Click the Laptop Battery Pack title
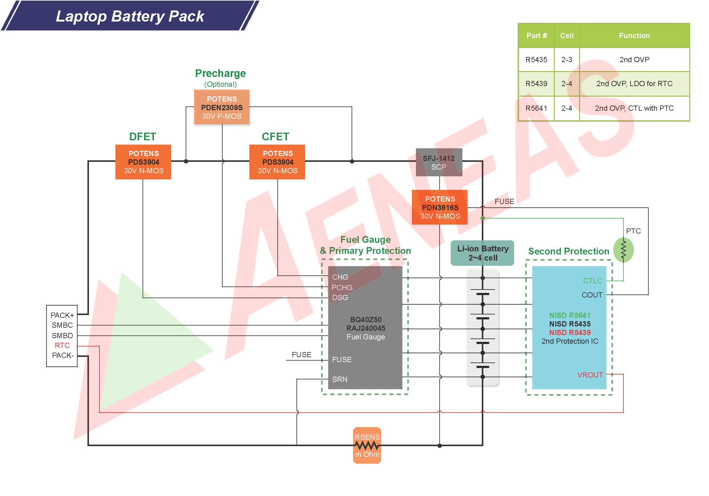[130, 16]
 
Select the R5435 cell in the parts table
[536, 60]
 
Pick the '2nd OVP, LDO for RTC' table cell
[634, 84]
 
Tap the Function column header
[634, 35]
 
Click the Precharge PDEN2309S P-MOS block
[222, 107]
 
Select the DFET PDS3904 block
[143, 162]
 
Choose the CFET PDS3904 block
[277, 162]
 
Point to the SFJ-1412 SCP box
[439, 162]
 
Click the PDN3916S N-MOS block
[440, 207]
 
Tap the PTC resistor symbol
[623, 250]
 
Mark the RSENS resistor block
[367, 445]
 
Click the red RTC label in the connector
[62, 345]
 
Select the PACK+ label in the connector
[62, 315]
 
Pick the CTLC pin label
[592, 281]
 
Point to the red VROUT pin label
[590, 375]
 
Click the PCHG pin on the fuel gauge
[342, 288]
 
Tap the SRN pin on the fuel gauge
[340, 379]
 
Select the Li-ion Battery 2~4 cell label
[483, 253]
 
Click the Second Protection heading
[568, 251]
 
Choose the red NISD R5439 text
[570, 333]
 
